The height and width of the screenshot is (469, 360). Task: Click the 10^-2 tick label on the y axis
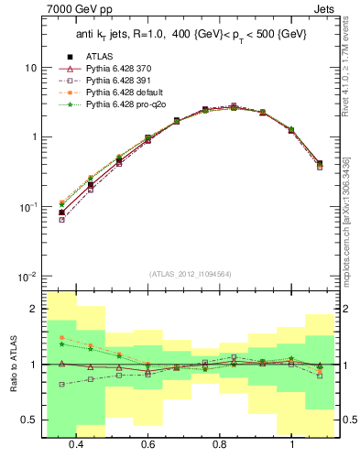tap(26, 277)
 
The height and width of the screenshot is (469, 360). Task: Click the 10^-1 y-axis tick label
tap(26, 207)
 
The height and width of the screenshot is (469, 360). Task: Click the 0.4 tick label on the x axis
tap(76, 444)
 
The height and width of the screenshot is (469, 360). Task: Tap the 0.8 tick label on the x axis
tap(220, 444)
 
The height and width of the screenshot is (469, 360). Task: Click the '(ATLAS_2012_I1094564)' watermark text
tap(190, 273)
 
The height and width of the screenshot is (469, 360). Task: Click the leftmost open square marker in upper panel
tap(61, 220)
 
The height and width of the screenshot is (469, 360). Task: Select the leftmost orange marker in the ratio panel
tap(61, 338)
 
